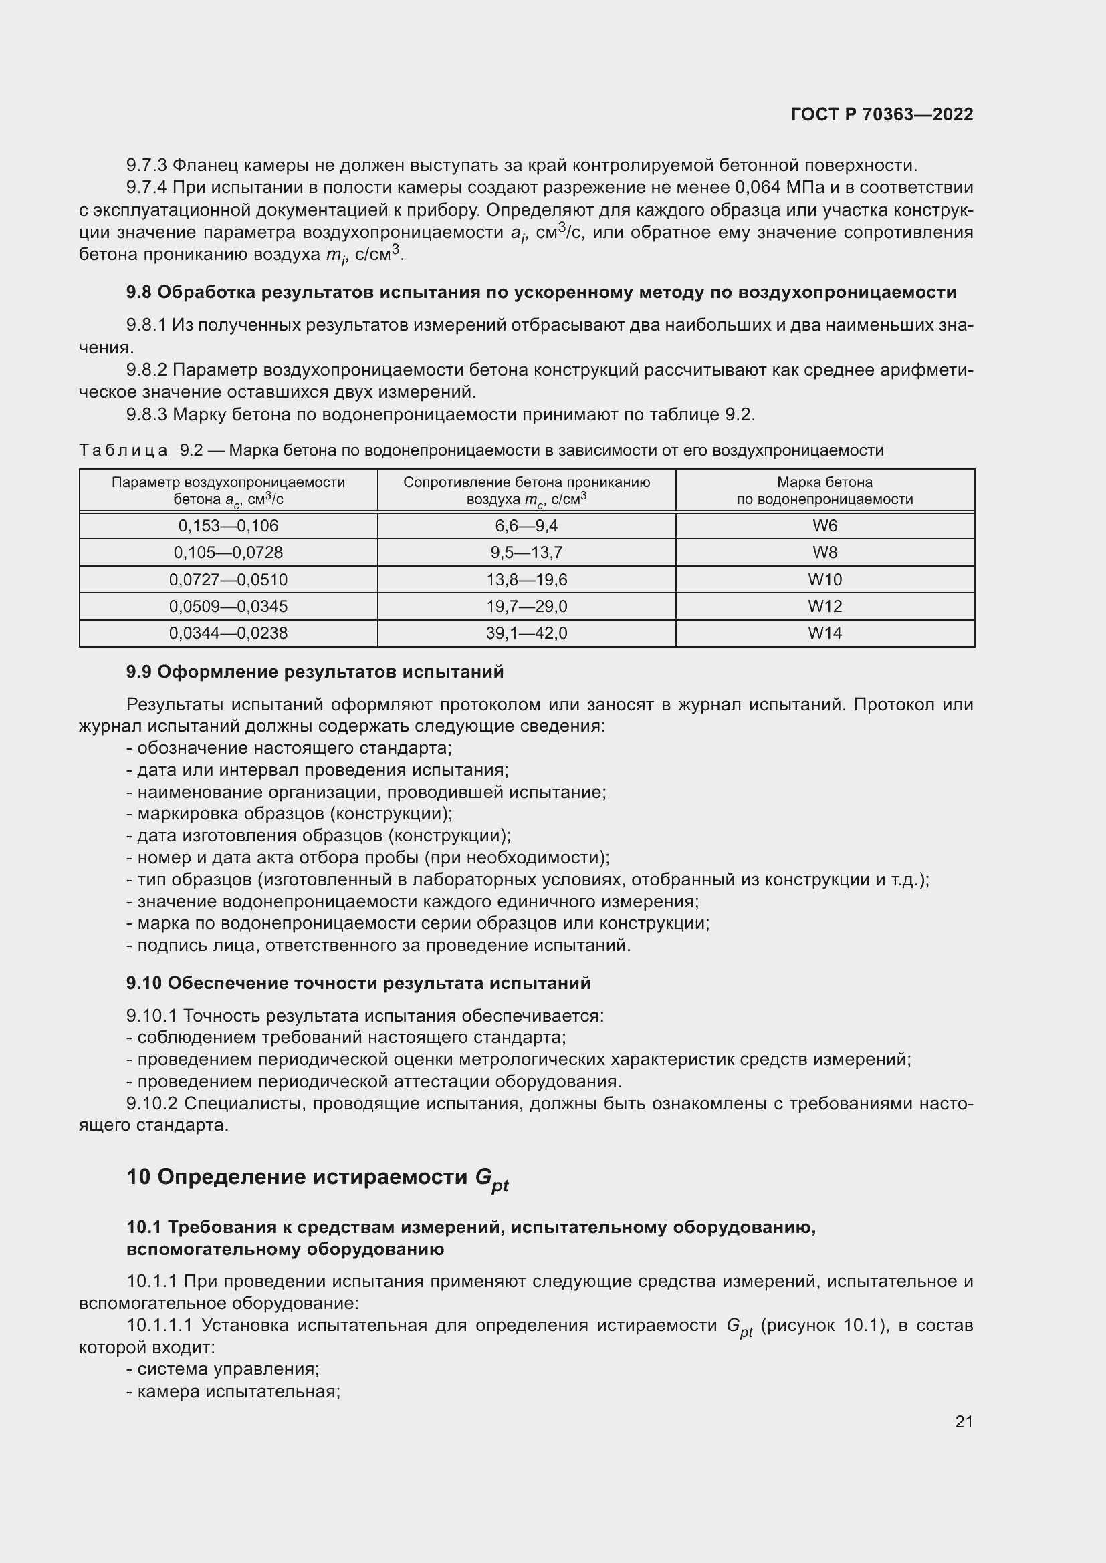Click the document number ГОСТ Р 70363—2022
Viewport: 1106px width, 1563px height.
point(882,114)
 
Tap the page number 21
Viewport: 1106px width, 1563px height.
point(964,1421)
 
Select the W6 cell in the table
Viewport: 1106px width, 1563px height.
point(824,525)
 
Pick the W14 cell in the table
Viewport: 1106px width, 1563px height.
point(824,633)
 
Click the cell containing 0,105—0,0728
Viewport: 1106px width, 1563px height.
point(228,552)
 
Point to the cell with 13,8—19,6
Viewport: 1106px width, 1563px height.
point(526,579)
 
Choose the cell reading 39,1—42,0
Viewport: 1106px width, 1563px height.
point(526,633)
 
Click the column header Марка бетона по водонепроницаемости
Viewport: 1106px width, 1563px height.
point(824,490)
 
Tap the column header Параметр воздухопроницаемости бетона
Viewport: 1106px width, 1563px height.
point(228,490)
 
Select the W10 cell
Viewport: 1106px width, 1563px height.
point(824,579)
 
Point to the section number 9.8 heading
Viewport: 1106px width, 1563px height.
point(139,293)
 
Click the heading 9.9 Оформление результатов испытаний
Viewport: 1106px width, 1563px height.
point(315,672)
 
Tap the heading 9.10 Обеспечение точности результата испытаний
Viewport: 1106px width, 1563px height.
point(358,983)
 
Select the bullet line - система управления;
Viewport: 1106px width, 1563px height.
point(223,1369)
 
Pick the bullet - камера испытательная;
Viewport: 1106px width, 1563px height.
point(233,1391)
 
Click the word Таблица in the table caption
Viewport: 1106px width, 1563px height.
point(123,450)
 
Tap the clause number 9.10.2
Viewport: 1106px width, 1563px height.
point(152,1103)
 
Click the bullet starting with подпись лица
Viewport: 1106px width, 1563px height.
point(378,945)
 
